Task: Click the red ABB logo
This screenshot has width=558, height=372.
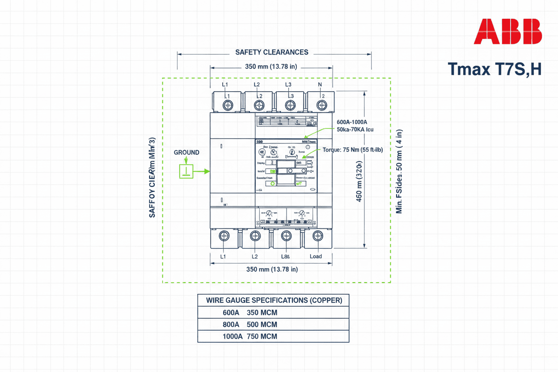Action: click(x=507, y=31)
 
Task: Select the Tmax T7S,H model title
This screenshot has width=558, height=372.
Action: click(x=495, y=69)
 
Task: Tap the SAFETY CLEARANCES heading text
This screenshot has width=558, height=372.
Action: click(x=271, y=52)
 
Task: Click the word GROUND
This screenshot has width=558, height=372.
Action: click(x=186, y=152)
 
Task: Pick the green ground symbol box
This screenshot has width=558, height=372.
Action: click(x=186, y=171)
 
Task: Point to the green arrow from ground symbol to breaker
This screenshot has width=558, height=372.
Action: click(x=202, y=171)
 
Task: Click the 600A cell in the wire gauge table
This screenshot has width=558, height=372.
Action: click(x=231, y=313)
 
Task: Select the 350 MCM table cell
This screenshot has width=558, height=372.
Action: click(x=262, y=313)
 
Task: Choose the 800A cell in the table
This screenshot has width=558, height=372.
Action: click(x=231, y=324)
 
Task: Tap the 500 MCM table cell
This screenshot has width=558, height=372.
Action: click(x=262, y=324)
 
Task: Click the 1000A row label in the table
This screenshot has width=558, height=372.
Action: click(x=232, y=336)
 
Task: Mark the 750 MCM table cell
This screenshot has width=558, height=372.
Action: click(x=262, y=336)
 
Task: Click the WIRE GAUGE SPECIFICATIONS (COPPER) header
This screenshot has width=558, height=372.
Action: click(x=274, y=300)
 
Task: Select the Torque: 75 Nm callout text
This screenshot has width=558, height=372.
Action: click(x=353, y=150)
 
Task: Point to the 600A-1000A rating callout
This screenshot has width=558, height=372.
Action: click(x=351, y=122)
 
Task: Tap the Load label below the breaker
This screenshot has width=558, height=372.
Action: click(x=316, y=256)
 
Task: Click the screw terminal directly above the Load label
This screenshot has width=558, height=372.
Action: click(x=317, y=237)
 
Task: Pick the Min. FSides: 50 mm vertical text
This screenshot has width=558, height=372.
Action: click(x=400, y=172)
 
